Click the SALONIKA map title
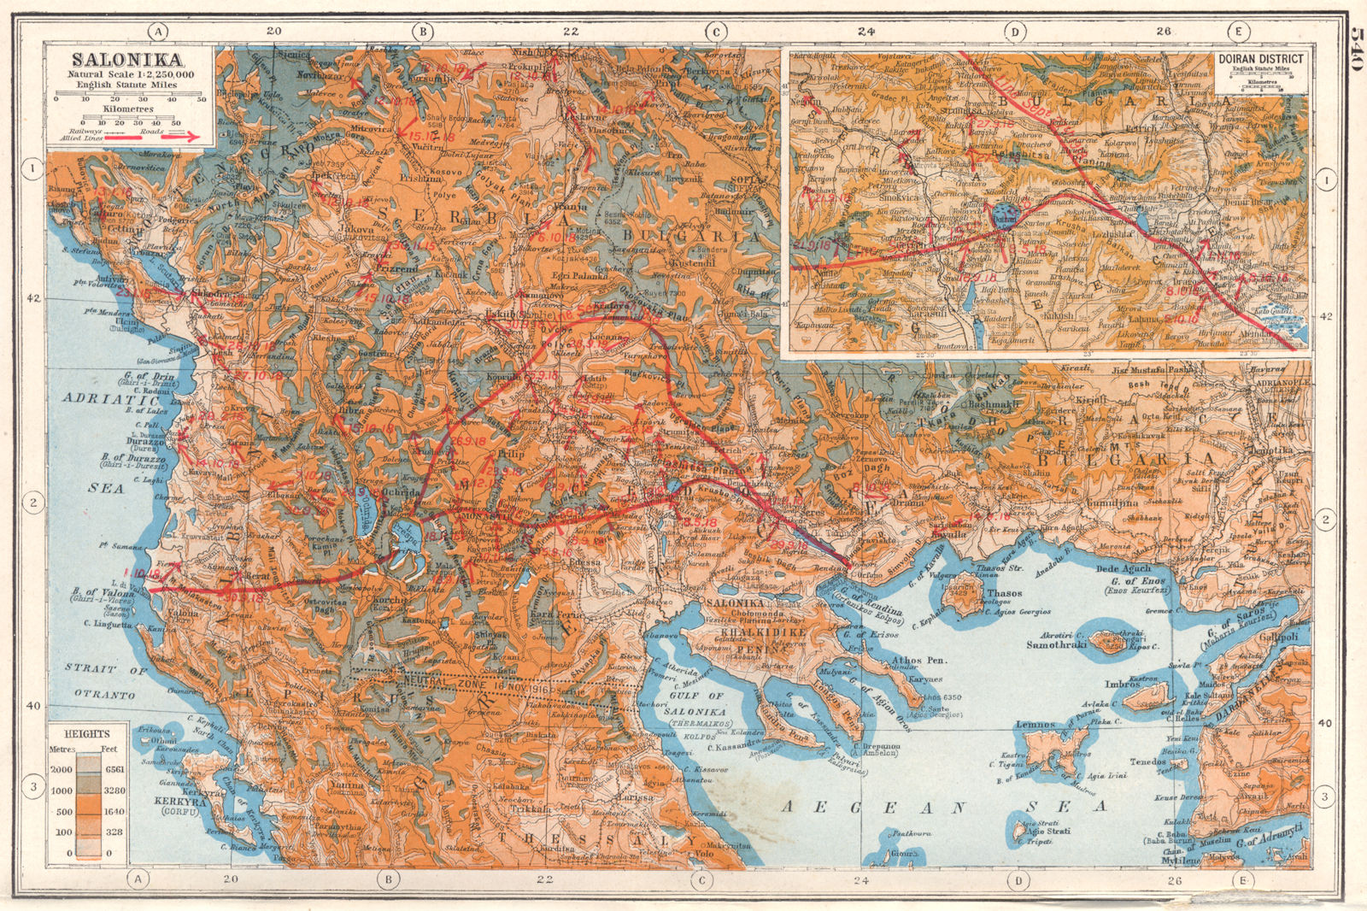(126, 60)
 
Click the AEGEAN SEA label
(945, 807)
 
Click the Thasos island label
(1005, 593)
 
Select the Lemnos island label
(1035, 725)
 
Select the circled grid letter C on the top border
(715, 32)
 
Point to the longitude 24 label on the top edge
(866, 32)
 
